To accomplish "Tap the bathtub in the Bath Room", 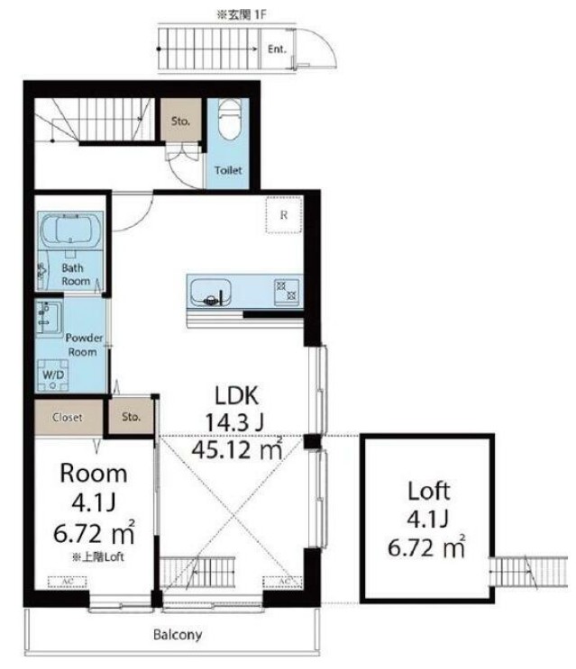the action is pyautogui.click(x=70, y=231).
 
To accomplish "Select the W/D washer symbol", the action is pyautogui.click(x=53, y=375).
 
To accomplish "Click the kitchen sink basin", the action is pyautogui.click(x=211, y=293).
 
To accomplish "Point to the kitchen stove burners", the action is pyautogui.click(x=287, y=291).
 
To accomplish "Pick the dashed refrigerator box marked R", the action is pyautogui.click(x=284, y=215).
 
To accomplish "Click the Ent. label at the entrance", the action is pyautogui.click(x=277, y=50).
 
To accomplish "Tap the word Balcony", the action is pyautogui.click(x=178, y=635).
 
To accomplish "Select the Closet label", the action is pyautogui.click(x=68, y=417).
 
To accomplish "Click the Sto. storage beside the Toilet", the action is pyautogui.click(x=180, y=121).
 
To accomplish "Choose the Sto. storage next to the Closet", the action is pyautogui.click(x=131, y=416).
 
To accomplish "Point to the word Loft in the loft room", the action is pyautogui.click(x=429, y=491).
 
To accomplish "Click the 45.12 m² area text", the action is pyautogui.click(x=237, y=448).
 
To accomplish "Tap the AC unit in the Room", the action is pyautogui.click(x=68, y=582).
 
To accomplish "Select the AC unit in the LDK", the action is pyautogui.click(x=283, y=582).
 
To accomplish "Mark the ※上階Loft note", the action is pyautogui.click(x=97, y=556).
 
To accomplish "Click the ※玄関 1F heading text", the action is pyautogui.click(x=242, y=15).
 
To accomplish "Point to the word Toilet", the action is pyautogui.click(x=228, y=170).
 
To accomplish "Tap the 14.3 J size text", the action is pyautogui.click(x=234, y=422).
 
